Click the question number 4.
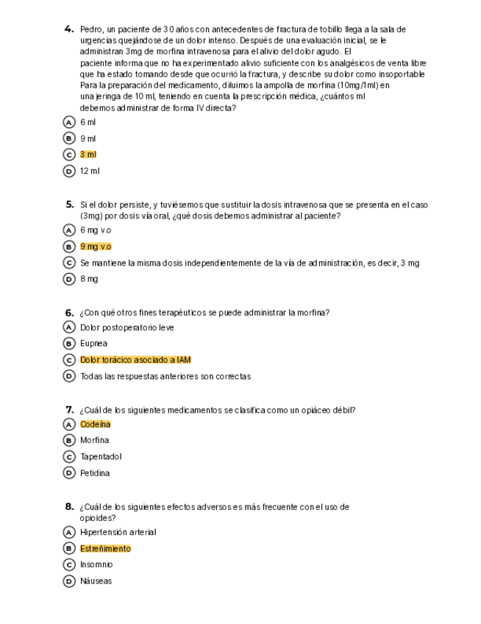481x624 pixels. [x=69, y=29]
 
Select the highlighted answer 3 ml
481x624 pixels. [x=88, y=155]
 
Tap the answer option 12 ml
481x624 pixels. [x=90, y=171]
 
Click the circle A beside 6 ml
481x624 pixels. [x=70, y=122]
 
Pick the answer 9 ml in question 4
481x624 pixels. [x=88, y=138]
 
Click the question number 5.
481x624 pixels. [x=69, y=205]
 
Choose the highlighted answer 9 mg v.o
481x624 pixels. [x=96, y=247]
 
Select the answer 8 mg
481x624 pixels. [x=89, y=279]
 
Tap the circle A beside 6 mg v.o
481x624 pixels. [x=70, y=230]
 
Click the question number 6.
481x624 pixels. [x=69, y=313]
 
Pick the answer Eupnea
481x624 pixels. [x=93, y=344]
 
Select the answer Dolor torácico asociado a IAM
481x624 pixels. [x=135, y=360]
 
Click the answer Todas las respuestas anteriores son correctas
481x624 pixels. [x=165, y=376]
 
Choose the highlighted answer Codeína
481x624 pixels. [x=96, y=425]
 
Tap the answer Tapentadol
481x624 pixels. [x=101, y=456]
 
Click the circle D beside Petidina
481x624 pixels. [x=70, y=473]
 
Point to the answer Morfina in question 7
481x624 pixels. [x=94, y=440]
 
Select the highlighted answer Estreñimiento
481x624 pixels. [x=105, y=548]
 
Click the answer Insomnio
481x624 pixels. [x=96, y=564]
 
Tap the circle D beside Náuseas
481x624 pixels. [x=70, y=581]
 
